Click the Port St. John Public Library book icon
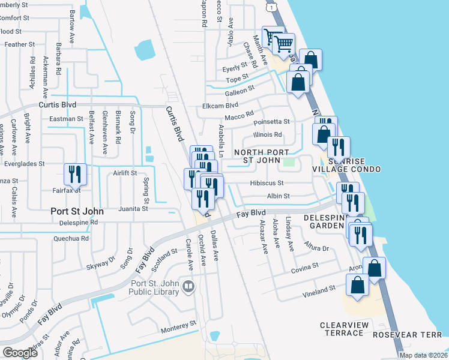(x=188, y=287)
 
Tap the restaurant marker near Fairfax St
(x=75, y=174)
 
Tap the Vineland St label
(x=319, y=289)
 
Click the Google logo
(x=20, y=352)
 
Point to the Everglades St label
(x=25, y=163)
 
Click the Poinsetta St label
(x=271, y=121)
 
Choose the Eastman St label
(x=66, y=119)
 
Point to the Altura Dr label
(x=317, y=248)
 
